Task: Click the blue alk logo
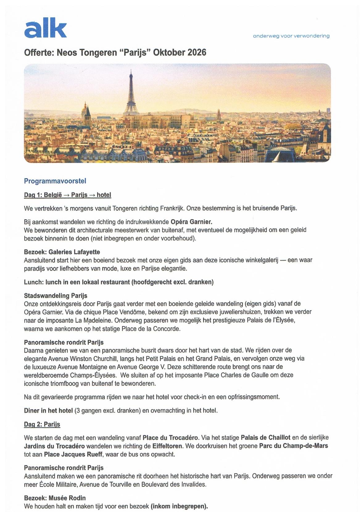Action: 45,28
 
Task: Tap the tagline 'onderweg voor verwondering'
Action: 291,36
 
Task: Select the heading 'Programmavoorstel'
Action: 55,181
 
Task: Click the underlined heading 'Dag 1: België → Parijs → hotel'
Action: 68,195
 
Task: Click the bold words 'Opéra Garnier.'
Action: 191,222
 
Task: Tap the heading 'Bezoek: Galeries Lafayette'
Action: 62,252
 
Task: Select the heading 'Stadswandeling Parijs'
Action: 56,296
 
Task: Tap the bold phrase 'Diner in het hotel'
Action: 48,410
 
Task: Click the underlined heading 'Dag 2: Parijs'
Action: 42,424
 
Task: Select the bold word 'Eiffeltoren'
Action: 168,446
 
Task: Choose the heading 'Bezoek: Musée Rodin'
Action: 55,498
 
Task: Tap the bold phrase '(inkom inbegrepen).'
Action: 179,506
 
